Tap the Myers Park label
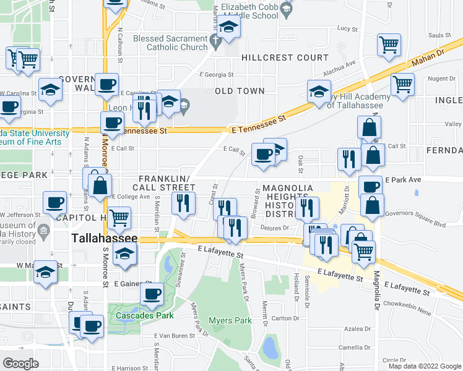[231, 320]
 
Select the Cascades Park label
[141, 315]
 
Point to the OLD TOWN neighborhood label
[240, 91]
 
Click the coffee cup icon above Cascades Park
[152, 294]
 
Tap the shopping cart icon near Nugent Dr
[403, 84]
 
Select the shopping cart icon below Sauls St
[389, 44]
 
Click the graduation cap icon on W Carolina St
[50, 90]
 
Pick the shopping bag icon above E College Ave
[100, 184]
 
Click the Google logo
[21, 364]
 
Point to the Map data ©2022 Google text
[424, 366]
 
